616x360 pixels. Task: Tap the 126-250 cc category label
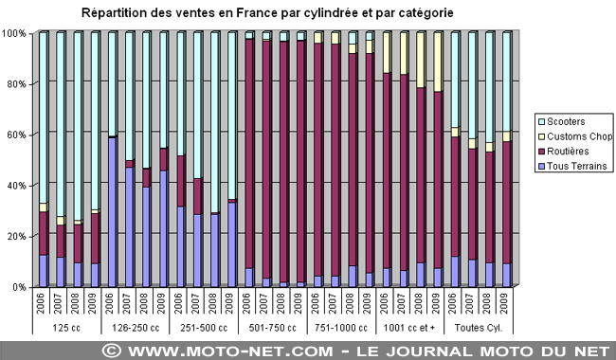pos(137,328)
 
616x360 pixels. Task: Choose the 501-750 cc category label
pos(275,328)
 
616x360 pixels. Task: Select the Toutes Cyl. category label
pos(481,328)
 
